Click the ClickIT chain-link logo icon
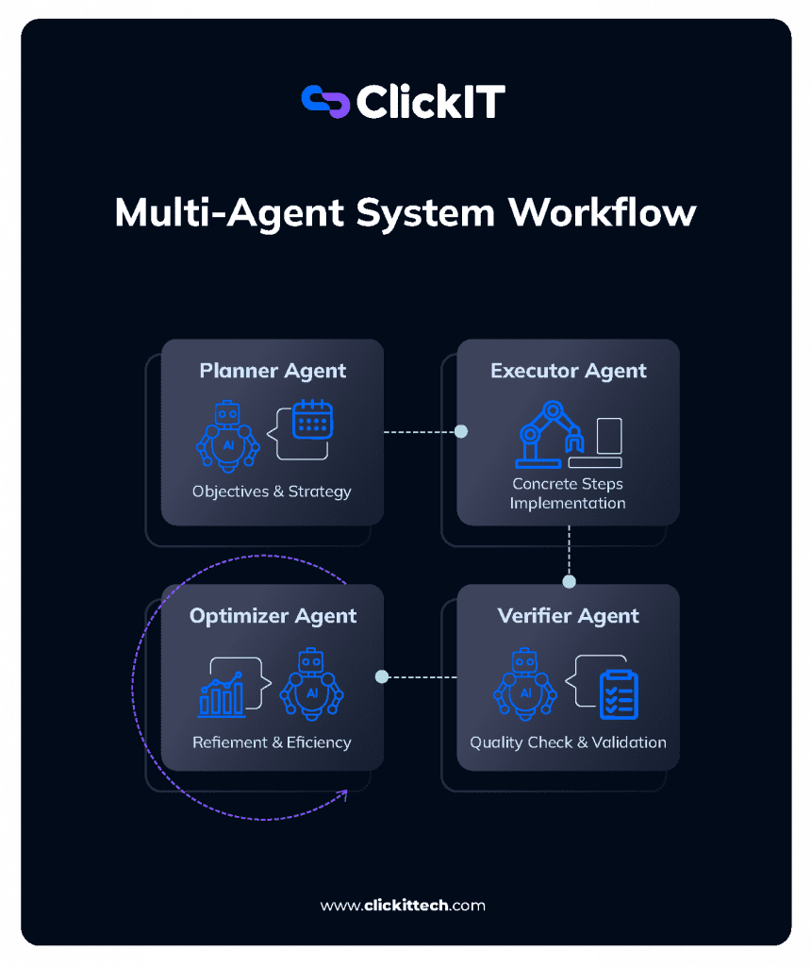pyautogui.click(x=324, y=101)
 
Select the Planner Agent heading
pyautogui.click(x=273, y=371)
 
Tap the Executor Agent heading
pyautogui.click(x=569, y=371)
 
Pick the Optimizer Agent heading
pyautogui.click(x=273, y=616)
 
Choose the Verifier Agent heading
pyautogui.click(x=569, y=616)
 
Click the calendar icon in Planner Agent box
pyautogui.click(x=312, y=419)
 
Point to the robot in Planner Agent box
pyautogui.click(x=227, y=435)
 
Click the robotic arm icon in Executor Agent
pyautogui.click(x=551, y=435)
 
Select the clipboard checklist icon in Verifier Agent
pyautogui.click(x=619, y=694)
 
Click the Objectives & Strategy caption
pyautogui.click(x=272, y=491)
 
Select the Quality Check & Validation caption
pyautogui.click(x=569, y=742)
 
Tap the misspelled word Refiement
pyautogui.click(x=228, y=742)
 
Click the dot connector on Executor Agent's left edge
pyautogui.click(x=461, y=431)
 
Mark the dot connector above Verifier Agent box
pyautogui.click(x=569, y=581)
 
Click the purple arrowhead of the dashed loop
pyautogui.click(x=342, y=794)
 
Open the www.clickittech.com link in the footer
pyautogui.click(x=404, y=906)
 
